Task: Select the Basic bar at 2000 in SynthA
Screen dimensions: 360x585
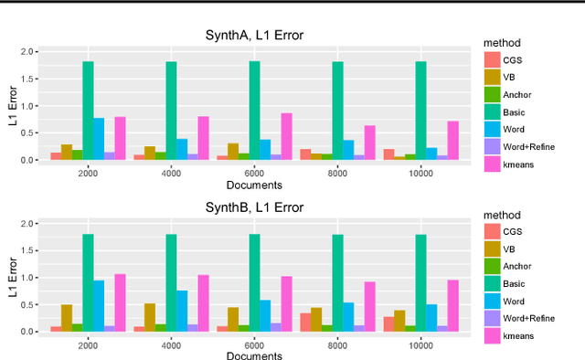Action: coord(88,111)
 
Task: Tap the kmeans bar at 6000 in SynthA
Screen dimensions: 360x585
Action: coord(287,137)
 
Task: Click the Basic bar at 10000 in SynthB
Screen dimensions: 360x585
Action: coord(421,283)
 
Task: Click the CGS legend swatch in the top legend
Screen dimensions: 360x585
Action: coord(493,59)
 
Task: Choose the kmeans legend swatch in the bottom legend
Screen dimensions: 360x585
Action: coord(493,336)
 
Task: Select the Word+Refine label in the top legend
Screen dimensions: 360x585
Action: coord(529,146)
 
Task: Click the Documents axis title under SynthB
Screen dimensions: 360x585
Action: coord(253,355)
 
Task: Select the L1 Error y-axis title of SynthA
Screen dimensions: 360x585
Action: coord(13,105)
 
